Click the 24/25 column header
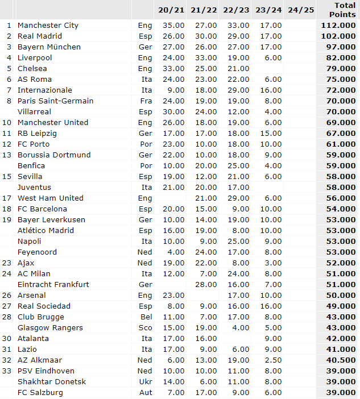point(301,10)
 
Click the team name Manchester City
point(48,25)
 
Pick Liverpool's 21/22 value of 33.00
point(204,57)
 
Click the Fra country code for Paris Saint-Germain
point(145,101)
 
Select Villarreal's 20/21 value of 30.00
point(171,111)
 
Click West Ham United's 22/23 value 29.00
point(236,198)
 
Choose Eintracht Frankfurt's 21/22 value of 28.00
point(204,284)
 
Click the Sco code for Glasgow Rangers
point(145,327)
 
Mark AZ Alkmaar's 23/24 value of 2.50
point(270,360)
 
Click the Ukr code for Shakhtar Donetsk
point(145,381)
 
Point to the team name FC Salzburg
point(40,392)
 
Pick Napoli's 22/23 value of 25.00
point(236,241)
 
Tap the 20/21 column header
point(171,10)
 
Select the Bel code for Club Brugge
point(146,317)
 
